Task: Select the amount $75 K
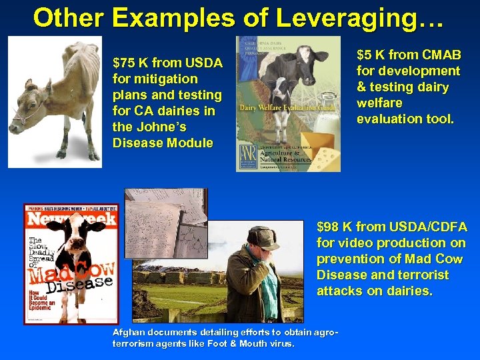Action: [131, 63]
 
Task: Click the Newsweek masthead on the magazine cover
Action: [71, 218]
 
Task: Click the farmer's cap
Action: [263, 235]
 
